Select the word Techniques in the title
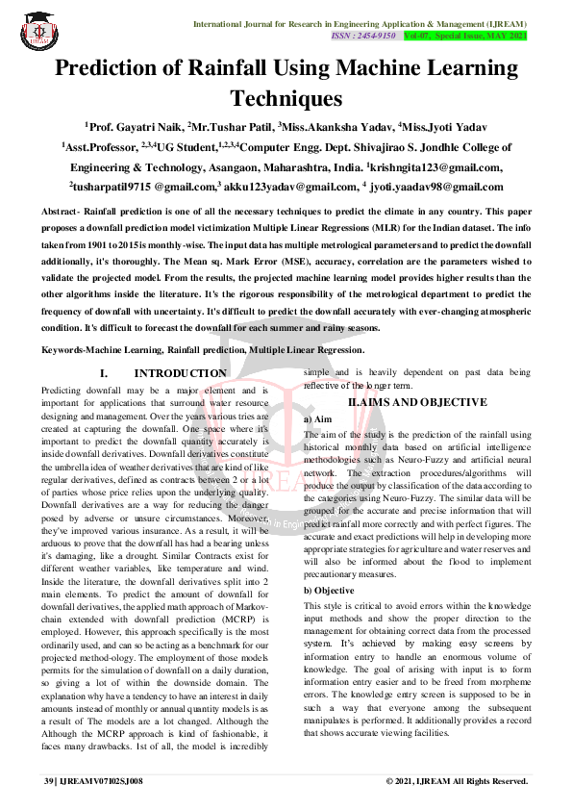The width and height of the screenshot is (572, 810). click(x=286, y=98)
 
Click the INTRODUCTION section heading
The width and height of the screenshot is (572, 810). click(x=181, y=373)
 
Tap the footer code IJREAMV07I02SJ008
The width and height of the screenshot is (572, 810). click(x=101, y=781)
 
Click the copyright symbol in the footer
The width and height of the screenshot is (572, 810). click(x=389, y=781)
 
